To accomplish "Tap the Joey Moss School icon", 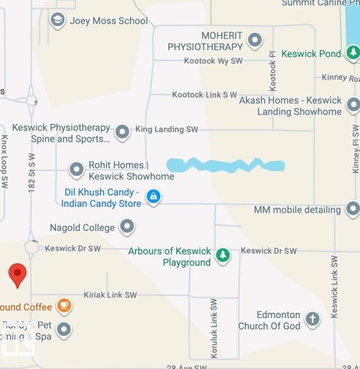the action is click(58, 21).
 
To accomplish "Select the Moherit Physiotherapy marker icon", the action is click(255, 40).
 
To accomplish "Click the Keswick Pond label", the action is click(311, 54).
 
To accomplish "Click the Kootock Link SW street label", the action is click(204, 95).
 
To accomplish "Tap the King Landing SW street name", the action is click(167, 130).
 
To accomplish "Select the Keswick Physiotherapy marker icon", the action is click(122, 132).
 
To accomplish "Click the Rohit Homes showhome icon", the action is click(76, 170).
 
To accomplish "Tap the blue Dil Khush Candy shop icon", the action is click(153, 196).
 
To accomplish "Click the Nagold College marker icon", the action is click(128, 227).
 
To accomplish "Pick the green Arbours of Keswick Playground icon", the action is click(222, 256).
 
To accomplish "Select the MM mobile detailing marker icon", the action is click(353, 210).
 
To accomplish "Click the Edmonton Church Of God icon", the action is click(313, 320).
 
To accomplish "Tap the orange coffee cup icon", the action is click(64, 306).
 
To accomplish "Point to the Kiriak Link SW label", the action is click(111, 295).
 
